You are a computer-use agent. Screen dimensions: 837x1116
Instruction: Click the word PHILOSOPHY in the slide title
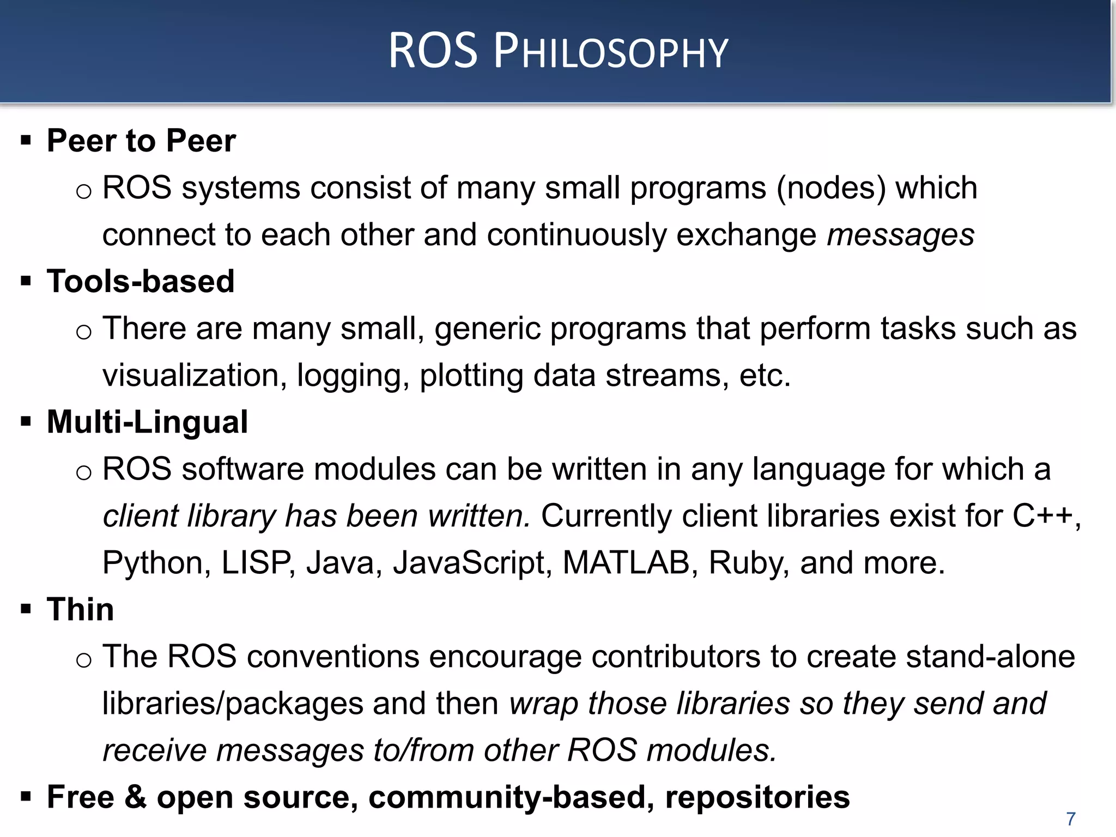click(610, 52)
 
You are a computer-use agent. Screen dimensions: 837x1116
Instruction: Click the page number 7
click(1071, 818)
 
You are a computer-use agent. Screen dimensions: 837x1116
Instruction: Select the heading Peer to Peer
click(141, 141)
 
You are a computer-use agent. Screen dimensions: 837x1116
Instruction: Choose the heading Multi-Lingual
click(147, 422)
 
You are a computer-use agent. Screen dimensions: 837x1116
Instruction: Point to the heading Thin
click(81, 609)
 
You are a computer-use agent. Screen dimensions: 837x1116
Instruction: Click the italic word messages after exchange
click(901, 235)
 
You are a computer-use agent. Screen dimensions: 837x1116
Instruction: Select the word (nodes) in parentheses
click(831, 188)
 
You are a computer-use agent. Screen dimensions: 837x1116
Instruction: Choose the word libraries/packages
click(233, 703)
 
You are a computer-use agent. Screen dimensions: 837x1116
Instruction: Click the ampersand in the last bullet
click(136, 797)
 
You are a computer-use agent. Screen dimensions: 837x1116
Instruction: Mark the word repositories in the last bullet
click(757, 798)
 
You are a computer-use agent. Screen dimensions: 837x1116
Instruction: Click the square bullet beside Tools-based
click(26, 282)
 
